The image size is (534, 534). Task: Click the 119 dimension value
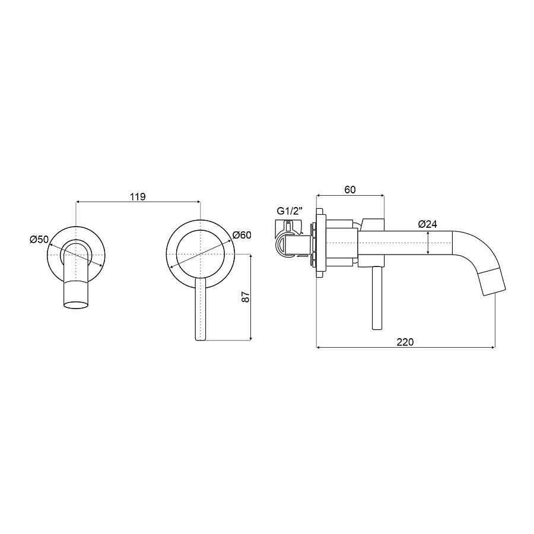pyautogui.click(x=138, y=197)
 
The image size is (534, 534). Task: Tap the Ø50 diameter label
pyautogui.click(x=39, y=240)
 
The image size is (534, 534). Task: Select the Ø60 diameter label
pyautogui.click(x=242, y=235)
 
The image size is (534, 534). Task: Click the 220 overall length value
pyautogui.click(x=405, y=342)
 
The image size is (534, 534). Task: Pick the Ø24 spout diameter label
pyautogui.click(x=427, y=224)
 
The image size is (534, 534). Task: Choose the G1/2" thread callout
pyautogui.click(x=290, y=211)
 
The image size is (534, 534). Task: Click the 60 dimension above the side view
pyautogui.click(x=350, y=190)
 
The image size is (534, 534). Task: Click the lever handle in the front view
pyautogui.click(x=201, y=309)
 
